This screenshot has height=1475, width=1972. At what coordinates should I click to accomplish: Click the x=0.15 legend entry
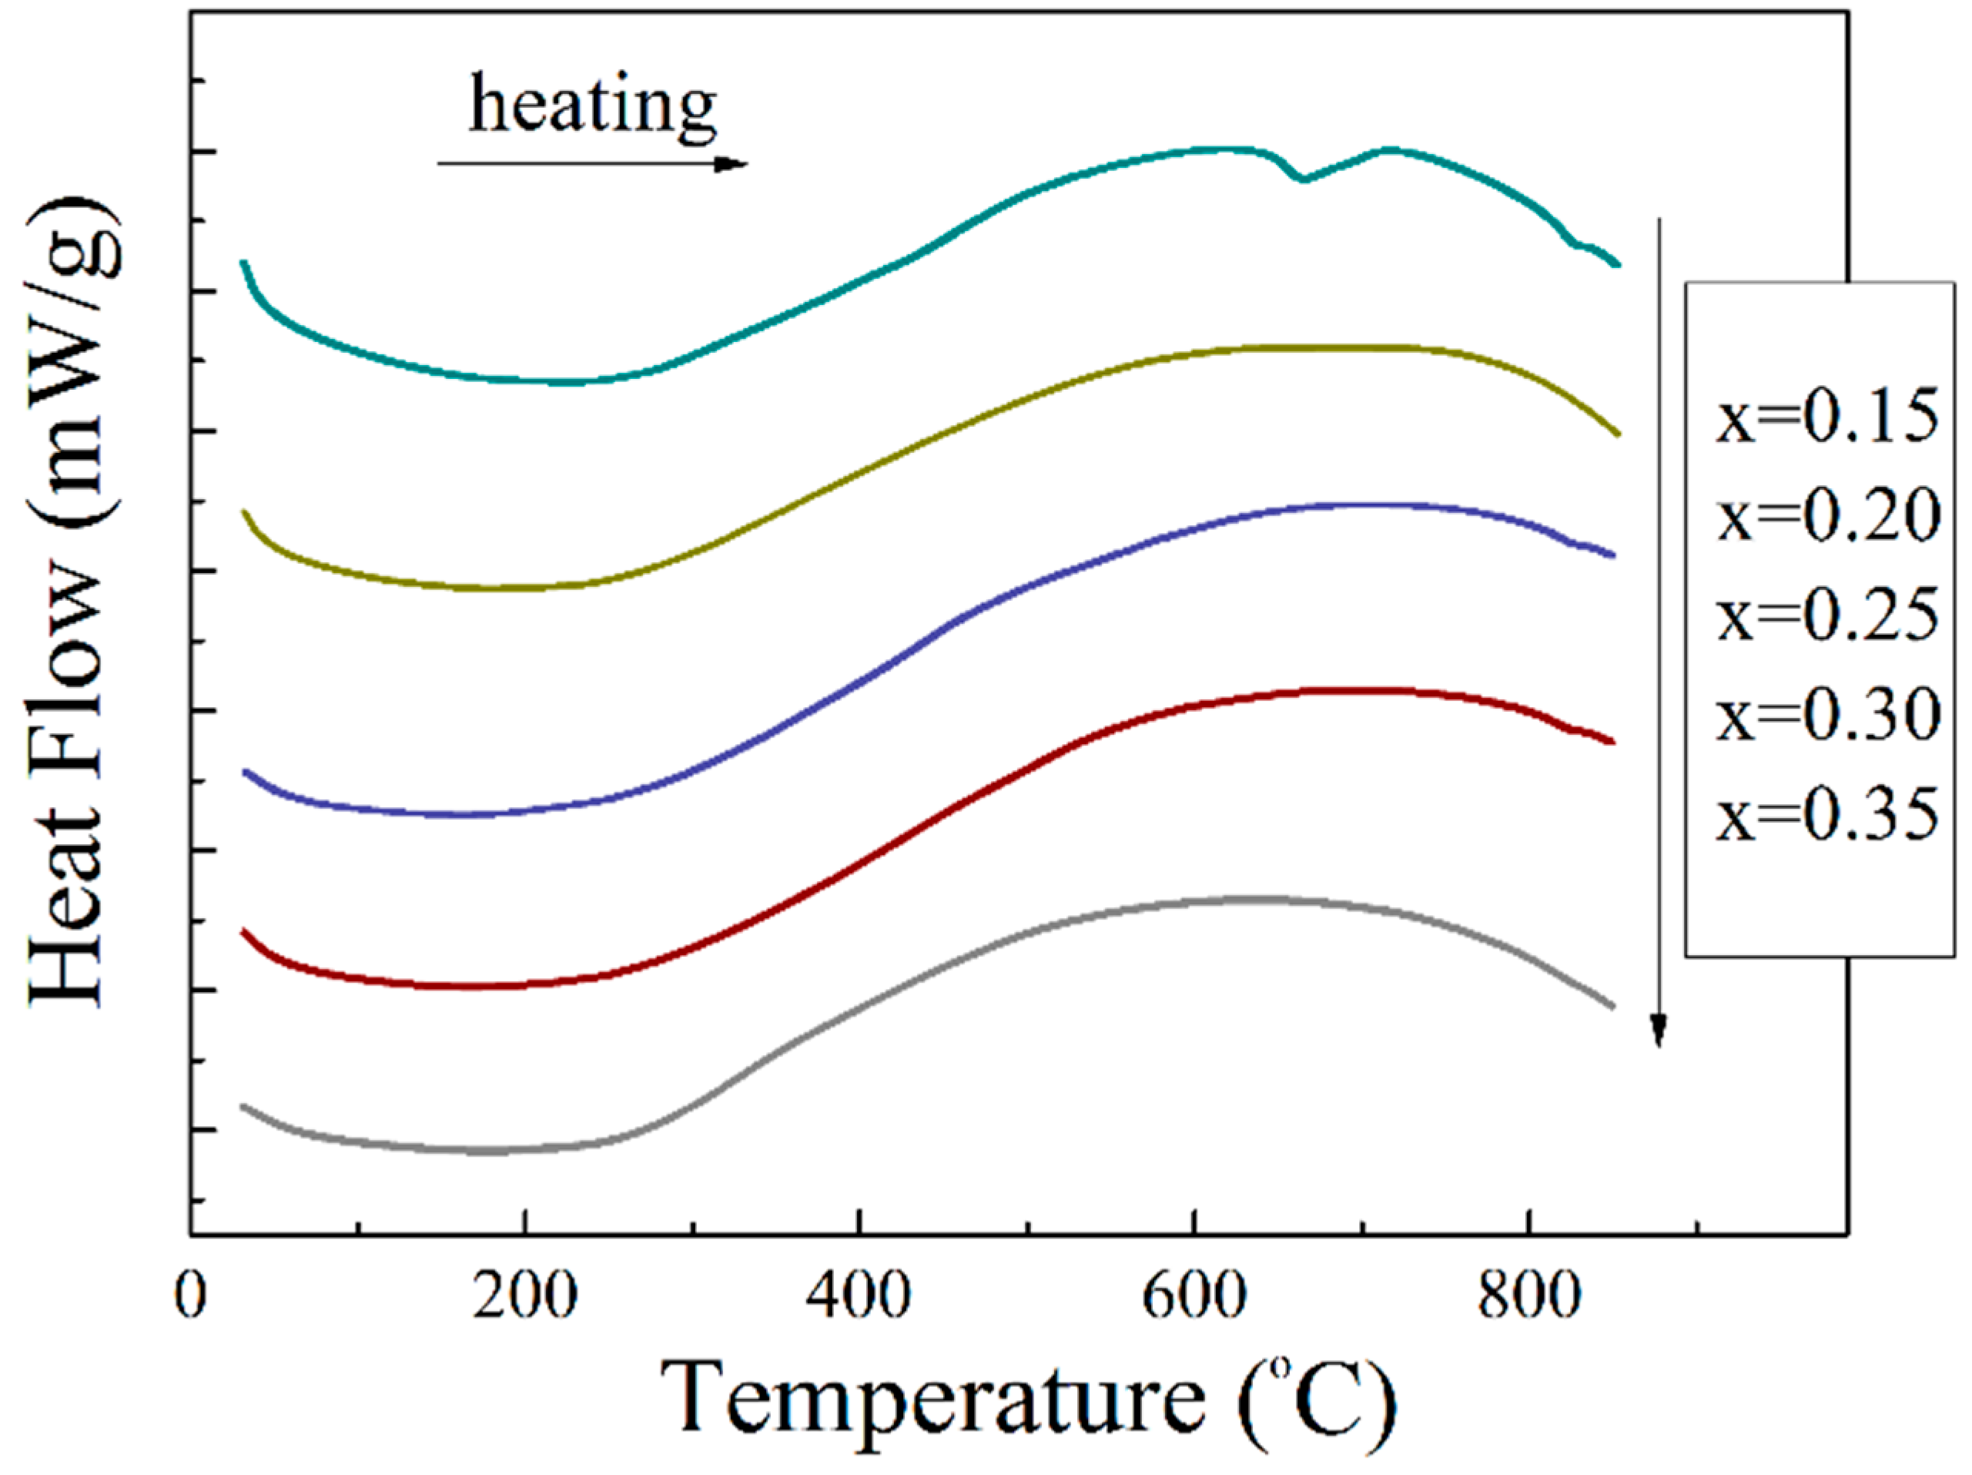click(x=1826, y=417)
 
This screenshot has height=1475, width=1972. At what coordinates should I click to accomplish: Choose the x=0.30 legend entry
click(x=1826, y=716)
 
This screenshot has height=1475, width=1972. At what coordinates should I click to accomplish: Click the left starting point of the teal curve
click(x=243, y=262)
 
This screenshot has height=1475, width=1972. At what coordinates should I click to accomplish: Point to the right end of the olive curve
click(x=1617, y=434)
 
